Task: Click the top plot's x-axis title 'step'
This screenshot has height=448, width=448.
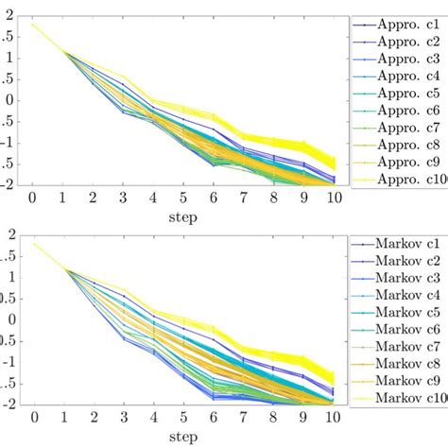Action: (x=185, y=215)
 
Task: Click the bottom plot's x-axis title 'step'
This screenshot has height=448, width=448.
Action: (x=185, y=437)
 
